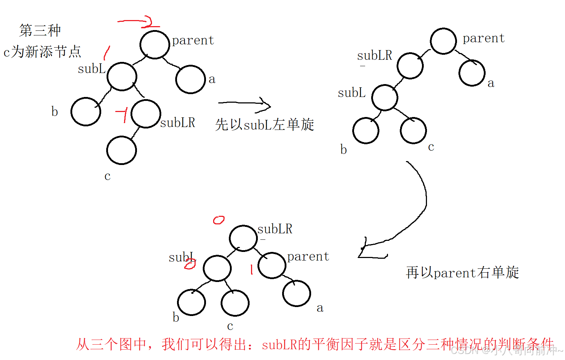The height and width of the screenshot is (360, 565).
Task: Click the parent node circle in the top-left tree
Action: coord(154,45)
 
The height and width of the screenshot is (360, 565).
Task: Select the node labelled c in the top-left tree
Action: coord(121,150)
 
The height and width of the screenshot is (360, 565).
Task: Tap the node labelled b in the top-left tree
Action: coord(86,112)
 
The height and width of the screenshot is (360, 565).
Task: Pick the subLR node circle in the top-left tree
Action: coord(146,114)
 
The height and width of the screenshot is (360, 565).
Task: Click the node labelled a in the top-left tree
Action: coord(190,79)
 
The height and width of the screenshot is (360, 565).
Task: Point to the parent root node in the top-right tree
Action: coord(443,41)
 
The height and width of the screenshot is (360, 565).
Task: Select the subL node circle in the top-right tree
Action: coord(384,98)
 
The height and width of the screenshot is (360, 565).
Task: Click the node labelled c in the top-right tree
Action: coord(413,131)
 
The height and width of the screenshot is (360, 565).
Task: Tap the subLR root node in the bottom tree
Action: coord(243,238)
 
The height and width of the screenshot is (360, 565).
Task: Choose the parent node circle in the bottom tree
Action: coord(272,265)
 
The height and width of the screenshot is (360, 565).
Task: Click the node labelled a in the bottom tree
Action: coord(296,293)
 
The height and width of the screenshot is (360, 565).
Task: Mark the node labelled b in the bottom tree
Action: coord(191,302)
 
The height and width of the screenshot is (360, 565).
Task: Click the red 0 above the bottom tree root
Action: coord(218,220)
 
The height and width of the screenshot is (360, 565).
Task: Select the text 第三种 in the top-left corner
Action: coord(40,30)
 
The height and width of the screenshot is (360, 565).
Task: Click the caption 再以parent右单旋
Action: coord(462,273)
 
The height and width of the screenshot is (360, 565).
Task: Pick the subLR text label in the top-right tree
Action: coord(374,55)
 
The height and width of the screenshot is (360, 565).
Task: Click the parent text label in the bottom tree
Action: coord(308,257)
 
